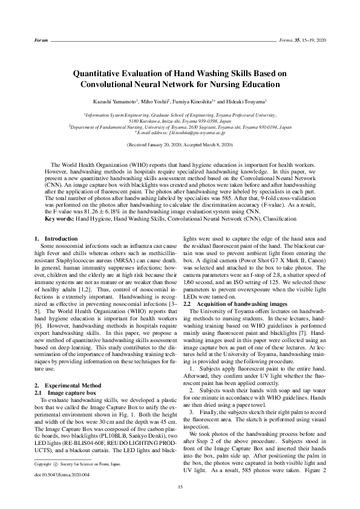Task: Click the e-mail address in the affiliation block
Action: click(182, 132)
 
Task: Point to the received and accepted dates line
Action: click(180, 146)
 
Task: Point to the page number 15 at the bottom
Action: click(180, 487)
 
